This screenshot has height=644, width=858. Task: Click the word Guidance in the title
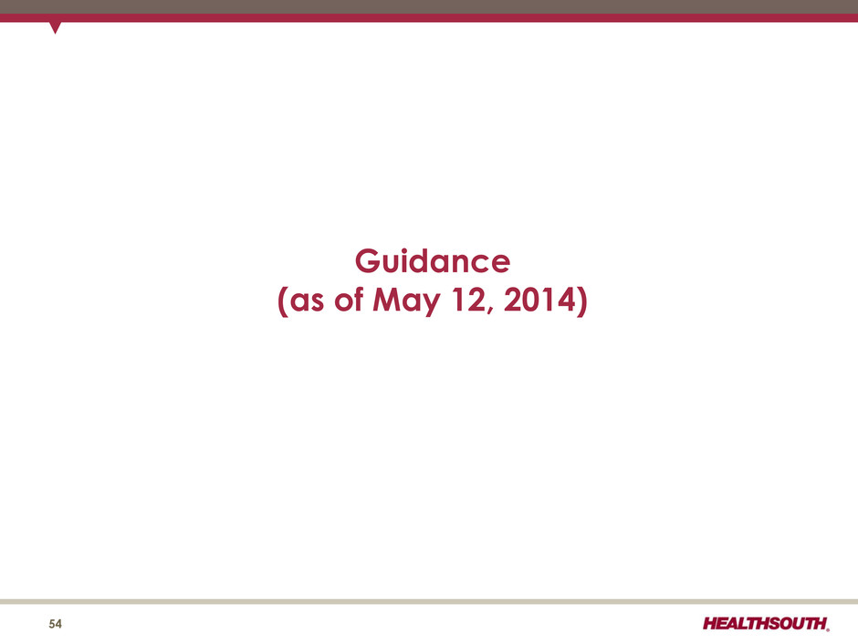click(433, 261)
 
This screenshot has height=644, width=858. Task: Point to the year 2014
click(539, 300)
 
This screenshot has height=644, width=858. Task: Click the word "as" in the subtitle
click(307, 302)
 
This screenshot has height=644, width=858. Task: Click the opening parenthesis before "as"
click(282, 301)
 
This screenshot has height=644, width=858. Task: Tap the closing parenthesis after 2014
click(582, 301)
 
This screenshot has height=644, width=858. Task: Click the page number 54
click(56, 624)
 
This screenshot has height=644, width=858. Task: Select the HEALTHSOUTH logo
click(766, 623)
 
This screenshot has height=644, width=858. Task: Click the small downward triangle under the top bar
click(55, 27)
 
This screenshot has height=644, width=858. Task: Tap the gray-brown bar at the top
click(429, 7)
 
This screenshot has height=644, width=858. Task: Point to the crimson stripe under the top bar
click(429, 18)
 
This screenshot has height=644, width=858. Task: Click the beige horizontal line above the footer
click(429, 601)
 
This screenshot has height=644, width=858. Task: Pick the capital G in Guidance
click(367, 261)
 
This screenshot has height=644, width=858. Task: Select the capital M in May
click(387, 300)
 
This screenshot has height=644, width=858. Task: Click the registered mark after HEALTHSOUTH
click(828, 629)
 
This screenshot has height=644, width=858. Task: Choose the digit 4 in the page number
click(58, 624)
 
